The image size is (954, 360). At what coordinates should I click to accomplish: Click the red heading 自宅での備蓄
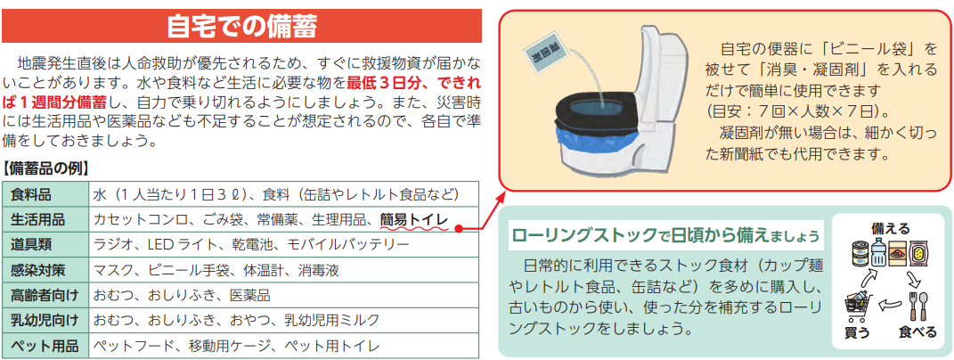pos(241,27)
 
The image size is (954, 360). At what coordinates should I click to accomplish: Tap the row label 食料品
pos(31,195)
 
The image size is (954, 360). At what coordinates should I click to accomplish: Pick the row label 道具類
pos(31,245)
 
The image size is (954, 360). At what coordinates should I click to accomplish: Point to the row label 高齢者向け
pos(45,296)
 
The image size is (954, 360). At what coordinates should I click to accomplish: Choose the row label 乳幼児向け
pos(45,321)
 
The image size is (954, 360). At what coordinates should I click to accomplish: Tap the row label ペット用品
pos(45,346)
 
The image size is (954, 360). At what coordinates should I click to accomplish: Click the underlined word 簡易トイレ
pos(413,220)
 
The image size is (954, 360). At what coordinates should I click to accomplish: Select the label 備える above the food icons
pos(891,229)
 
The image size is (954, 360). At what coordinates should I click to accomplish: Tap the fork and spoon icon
pos(917,307)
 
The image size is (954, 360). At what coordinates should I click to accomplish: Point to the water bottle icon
pos(877,252)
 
